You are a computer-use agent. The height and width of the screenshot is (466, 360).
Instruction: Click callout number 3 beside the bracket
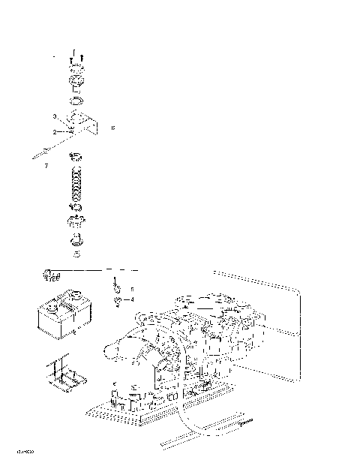pos(55,117)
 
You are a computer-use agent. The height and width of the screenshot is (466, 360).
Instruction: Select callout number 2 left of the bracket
pos(55,132)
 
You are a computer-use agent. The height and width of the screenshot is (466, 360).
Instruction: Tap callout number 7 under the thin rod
pos(46,165)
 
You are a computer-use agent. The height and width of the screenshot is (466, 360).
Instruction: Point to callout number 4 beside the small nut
pos(132,299)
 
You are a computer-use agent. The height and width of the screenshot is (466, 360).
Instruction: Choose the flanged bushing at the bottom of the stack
pos(76,240)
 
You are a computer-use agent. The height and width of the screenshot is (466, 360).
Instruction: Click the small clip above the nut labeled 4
pos(117,286)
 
